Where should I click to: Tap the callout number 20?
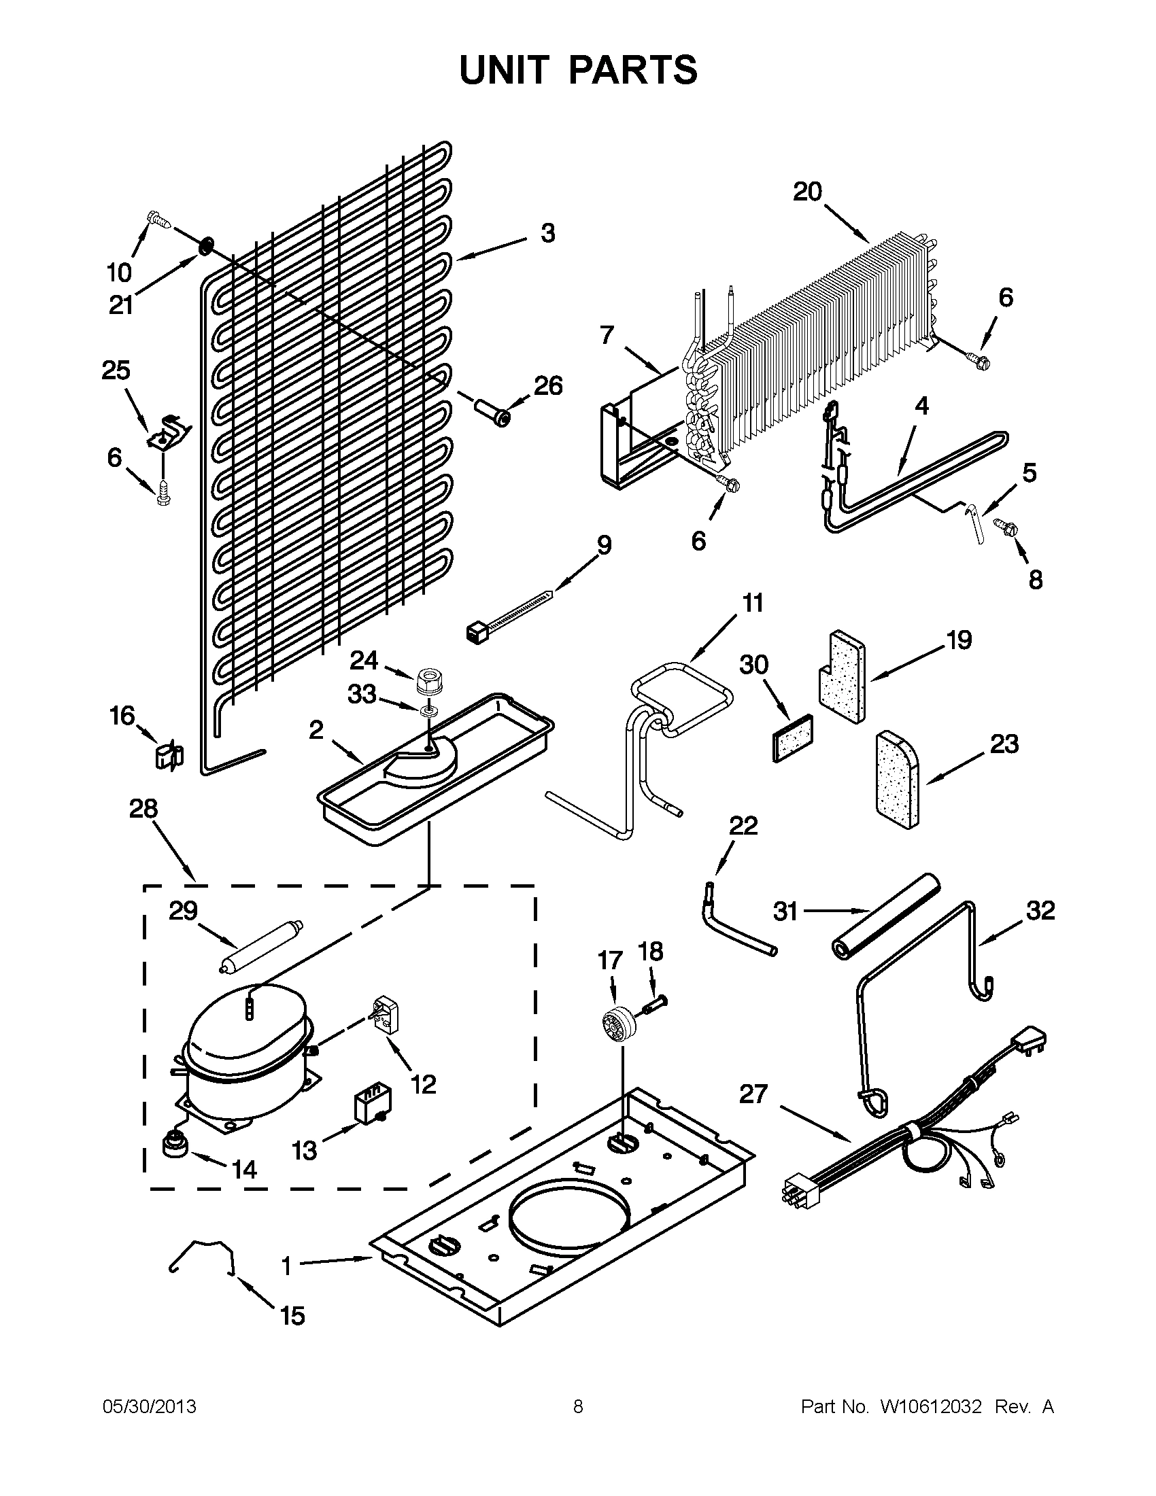tap(807, 191)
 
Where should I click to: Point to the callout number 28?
tap(143, 809)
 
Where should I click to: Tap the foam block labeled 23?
tap(897, 778)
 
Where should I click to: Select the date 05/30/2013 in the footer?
tap(150, 1406)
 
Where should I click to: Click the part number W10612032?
tap(925, 1406)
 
